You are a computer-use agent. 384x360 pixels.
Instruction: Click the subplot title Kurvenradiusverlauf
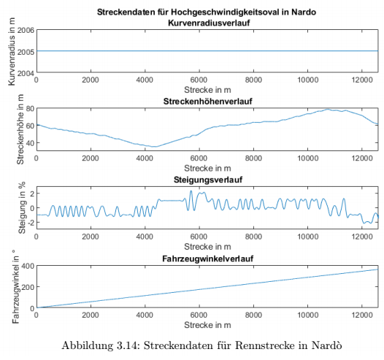(x=209, y=23)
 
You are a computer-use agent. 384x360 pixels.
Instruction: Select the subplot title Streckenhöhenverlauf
(x=207, y=102)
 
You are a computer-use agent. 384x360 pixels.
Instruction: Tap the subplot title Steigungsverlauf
(x=208, y=180)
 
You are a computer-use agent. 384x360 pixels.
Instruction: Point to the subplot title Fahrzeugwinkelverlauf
(x=207, y=258)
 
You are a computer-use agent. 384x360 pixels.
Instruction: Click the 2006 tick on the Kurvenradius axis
(x=26, y=31)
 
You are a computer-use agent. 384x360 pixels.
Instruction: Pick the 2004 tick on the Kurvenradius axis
(x=26, y=73)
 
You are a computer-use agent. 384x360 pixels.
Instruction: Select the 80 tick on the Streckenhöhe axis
(x=30, y=109)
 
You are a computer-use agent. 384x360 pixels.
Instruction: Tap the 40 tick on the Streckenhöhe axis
(x=30, y=143)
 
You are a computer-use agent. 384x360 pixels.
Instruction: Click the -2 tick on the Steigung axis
(x=30, y=222)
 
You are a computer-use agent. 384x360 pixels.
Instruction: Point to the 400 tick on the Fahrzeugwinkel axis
(x=28, y=266)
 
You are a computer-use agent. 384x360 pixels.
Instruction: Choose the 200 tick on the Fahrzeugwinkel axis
(x=28, y=287)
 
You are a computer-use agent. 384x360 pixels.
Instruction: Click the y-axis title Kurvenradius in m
(x=12, y=52)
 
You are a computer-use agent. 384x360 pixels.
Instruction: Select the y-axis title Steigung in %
(x=22, y=207)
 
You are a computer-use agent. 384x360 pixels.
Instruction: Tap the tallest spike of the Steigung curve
(x=191, y=191)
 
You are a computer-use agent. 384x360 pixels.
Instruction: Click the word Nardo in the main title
(x=304, y=12)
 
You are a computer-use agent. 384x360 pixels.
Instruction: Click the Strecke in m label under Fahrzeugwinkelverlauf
(x=207, y=325)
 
